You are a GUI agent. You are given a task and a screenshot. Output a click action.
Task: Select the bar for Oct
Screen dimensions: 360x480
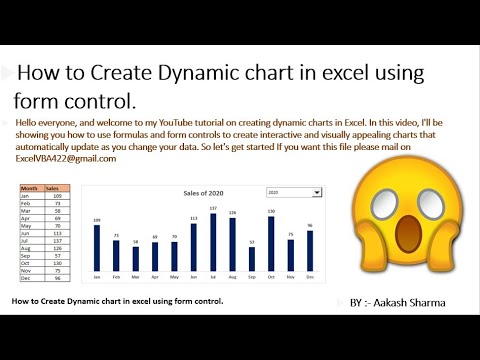coord(271,243)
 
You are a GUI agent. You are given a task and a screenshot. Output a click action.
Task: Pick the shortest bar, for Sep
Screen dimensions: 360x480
coord(252,259)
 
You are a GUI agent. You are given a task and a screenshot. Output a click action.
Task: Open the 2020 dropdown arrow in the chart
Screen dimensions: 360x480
coord(317,192)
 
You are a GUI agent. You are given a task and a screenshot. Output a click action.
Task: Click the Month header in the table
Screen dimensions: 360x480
coord(30,188)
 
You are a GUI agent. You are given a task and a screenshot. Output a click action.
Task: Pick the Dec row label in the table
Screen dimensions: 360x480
coord(29,278)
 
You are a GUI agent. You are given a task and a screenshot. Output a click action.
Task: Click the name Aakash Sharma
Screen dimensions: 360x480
coord(414,299)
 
